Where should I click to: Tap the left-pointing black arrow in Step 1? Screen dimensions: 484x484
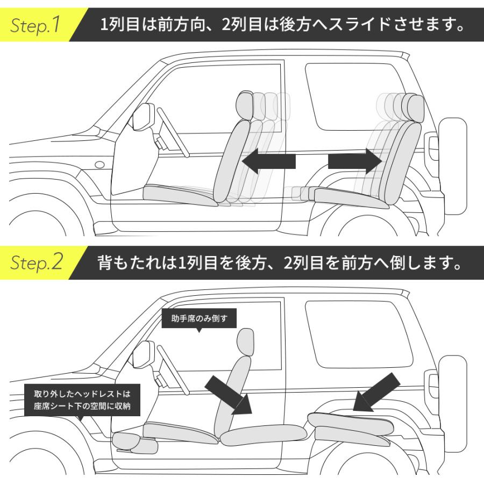coord(269,161)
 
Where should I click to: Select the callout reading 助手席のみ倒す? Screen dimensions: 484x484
coord(199,318)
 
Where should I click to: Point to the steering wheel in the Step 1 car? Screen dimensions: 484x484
coord(172,132)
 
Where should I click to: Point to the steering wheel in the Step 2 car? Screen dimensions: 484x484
coord(172,368)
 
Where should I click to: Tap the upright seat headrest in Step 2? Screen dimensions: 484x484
coord(245,341)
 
